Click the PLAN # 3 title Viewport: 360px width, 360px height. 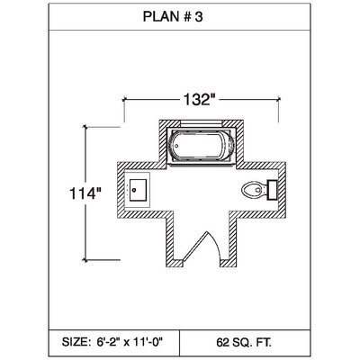click(173, 17)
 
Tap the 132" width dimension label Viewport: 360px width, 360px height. click(200, 99)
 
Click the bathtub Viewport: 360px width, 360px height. click(202, 146)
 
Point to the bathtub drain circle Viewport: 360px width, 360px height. click(176, 146)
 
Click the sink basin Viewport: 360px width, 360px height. click(138, 190)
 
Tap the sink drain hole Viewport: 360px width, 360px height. click(134, 190)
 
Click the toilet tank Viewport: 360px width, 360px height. click(272, 190)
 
